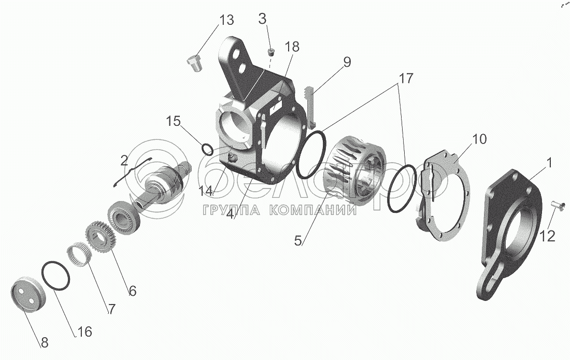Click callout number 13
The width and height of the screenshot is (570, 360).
[x=226, y=20]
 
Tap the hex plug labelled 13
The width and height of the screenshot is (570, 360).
[x=194, y=63]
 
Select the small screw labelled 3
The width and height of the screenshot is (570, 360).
[x=271, y=52]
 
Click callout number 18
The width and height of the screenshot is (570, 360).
[x=292, y=47]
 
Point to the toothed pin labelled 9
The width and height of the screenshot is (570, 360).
[x=309, y=107]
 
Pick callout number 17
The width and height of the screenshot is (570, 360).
[x=406, y=78]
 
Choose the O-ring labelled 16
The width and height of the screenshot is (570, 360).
[x=55, y=275]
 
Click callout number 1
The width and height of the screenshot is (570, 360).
[x=549, y=162]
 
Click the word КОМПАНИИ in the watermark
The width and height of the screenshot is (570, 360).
[x=313, y=210]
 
